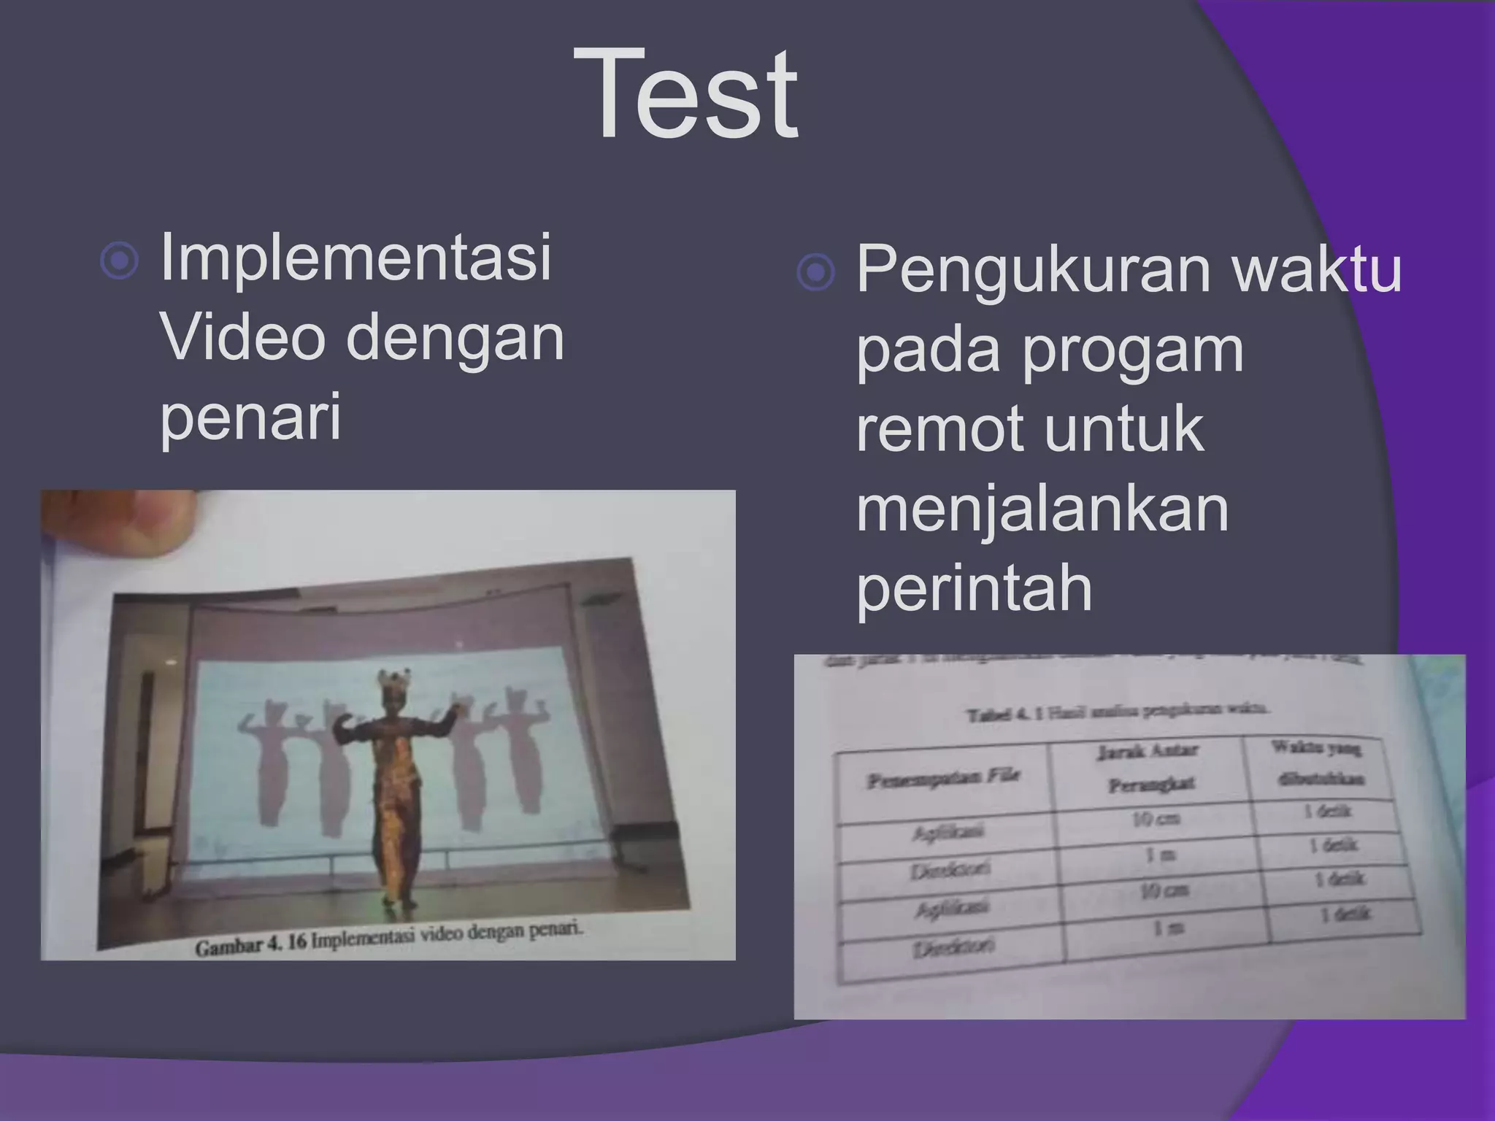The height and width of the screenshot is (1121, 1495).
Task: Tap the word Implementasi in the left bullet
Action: pyautogui.click(x=356, y=257)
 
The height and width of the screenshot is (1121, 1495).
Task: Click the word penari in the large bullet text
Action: pyautogui.click(x=250, y=416)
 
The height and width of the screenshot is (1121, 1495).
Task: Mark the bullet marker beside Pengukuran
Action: pyautogui.click(x=815, y=273)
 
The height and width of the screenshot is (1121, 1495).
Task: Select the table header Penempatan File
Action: pyautogui.click(x=942, y=779)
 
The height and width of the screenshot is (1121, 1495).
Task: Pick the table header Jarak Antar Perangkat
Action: pyautogui.click(x=1148, y=767)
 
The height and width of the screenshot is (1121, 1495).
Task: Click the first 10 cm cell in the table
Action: pyautogui.click(x=1156, y=819)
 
